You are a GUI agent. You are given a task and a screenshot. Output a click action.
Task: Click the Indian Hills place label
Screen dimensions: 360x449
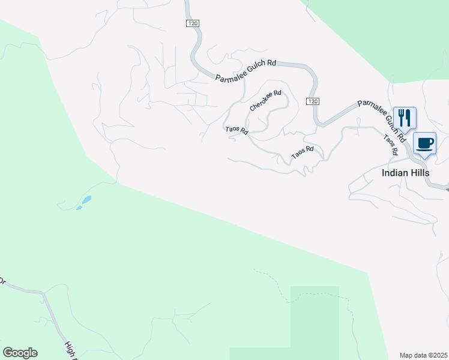point(405,172)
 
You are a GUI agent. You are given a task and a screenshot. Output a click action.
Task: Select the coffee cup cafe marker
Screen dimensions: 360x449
point(424,144)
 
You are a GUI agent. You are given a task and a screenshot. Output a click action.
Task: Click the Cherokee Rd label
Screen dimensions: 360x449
point(265,100)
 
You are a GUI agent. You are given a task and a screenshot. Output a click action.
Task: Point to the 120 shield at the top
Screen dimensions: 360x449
point(191,23)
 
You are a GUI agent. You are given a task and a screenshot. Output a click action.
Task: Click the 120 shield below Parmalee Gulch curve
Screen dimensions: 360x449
point(312,101)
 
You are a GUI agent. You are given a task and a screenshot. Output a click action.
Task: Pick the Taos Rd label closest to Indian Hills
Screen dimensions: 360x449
point(391,145)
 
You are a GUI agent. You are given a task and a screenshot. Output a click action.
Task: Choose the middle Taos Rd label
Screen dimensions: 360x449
point(303,152)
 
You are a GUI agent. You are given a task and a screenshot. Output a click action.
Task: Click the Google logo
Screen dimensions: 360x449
point(20,353)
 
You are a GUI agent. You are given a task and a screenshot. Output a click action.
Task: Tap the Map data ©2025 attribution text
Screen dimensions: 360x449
point(423,355)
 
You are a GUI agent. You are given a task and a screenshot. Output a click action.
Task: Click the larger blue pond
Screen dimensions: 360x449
point(88,199)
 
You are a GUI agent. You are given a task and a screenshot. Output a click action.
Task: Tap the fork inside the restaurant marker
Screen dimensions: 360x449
point(400,115)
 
